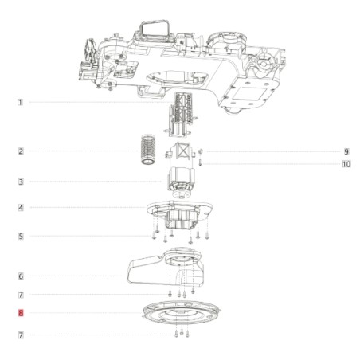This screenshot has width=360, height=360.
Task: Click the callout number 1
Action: click(20, 102)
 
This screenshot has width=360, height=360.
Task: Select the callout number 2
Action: click(21, 151)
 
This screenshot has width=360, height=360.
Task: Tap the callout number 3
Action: click(21, 182)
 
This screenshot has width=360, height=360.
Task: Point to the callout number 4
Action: click(21, 208)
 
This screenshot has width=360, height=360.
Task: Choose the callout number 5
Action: click(21, 236)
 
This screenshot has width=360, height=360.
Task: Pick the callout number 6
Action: click(21, 276)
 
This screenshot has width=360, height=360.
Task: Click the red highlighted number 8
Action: click(21, 313)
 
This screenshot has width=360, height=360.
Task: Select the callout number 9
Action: click(346, 151)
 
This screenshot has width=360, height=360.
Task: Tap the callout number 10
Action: click(346, 164)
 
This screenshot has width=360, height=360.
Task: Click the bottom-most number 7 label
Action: click(21, 335)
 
